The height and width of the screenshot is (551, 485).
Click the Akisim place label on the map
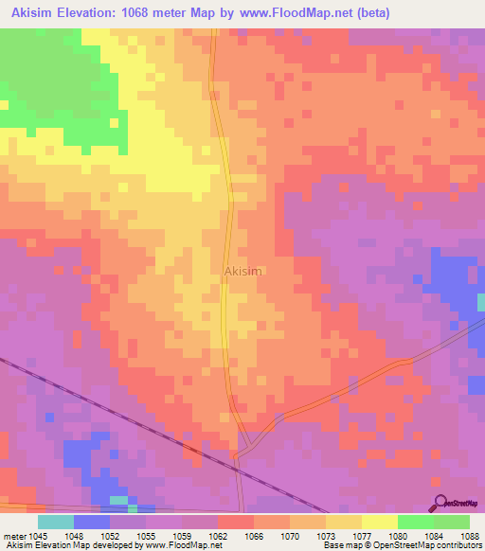[242, 271]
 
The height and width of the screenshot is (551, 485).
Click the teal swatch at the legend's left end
[56, 522]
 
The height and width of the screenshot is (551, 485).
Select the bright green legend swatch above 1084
[415, 522]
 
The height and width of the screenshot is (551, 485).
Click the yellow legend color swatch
[379, 522]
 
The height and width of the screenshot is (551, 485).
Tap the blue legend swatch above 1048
[92, 522]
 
